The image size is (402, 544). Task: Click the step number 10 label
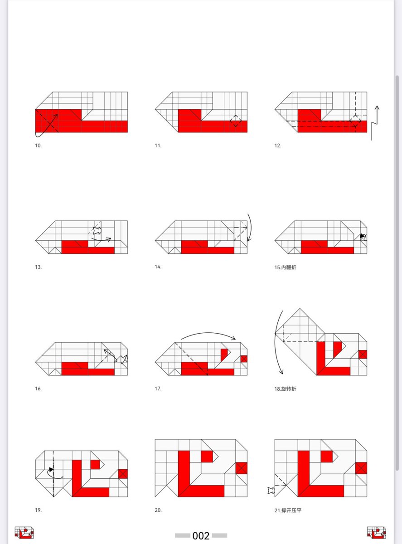[x=38, y=146]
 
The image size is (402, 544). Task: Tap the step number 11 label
[x=158, y=146]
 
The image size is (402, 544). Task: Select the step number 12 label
[x=278, y=146]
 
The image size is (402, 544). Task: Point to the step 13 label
[x=38, y=267]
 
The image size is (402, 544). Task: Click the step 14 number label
[x=158, y=267]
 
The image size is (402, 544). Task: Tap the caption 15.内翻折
[x=285, y=267]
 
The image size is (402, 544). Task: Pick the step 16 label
[x=38, y=389]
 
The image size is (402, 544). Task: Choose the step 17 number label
[x=158, y=389]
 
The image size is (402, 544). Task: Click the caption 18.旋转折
[x=285, y=389]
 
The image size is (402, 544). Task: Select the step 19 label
[x=38, y=510]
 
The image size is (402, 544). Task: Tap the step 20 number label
[x=158, y=510]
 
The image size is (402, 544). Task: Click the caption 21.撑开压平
[x=288, y=510]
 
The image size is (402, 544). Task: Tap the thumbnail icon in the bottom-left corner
[x=24, y=533]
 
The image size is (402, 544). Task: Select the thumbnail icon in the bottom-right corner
[x=377, y=533]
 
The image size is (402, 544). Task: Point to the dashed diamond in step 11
[x=236, y=121]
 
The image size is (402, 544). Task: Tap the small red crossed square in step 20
[x=242, y=468]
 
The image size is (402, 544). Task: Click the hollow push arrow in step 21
[x=271, y=491]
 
